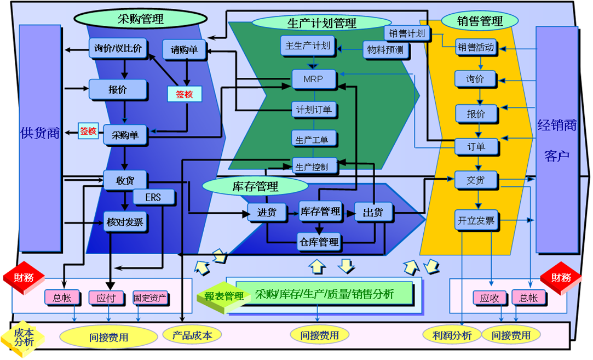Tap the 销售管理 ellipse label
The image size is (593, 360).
480,21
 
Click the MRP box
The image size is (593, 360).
313,79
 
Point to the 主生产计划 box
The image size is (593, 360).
308,46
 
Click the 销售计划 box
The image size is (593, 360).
407,33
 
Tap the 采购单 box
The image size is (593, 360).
125,135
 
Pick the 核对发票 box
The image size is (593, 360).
125,222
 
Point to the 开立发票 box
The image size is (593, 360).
476,221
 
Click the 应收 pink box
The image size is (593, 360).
490,299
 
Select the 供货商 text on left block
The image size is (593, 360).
39,133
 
